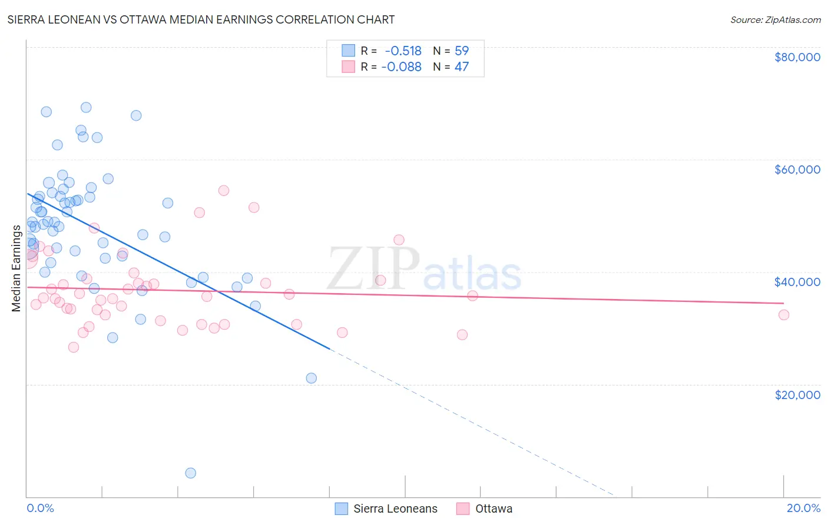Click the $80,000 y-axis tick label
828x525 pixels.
[797, 57]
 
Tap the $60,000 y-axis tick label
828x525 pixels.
[797, 170]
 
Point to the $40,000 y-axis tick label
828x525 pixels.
[797, 282]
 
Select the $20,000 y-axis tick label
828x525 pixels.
[797, 394]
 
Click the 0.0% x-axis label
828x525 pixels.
[40, 508]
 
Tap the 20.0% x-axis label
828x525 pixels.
[803, 508]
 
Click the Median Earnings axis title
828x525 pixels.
[16, 268]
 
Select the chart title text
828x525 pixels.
[201, 19]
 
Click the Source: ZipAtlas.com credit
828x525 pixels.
[775, 19]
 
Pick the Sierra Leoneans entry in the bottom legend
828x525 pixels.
[395, 509]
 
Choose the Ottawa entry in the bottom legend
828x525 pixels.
[494, 509]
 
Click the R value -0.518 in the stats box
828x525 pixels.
[403, 51]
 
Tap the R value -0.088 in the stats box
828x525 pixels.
[401, 67]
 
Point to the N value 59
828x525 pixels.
[462, 51]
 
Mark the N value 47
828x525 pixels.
[462, 67]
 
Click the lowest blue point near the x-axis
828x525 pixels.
[190, 473]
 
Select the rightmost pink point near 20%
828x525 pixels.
[783, 315]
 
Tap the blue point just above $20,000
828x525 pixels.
[312, 378]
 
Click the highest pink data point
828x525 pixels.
[223, 190]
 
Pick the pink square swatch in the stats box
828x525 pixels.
[349, 67]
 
